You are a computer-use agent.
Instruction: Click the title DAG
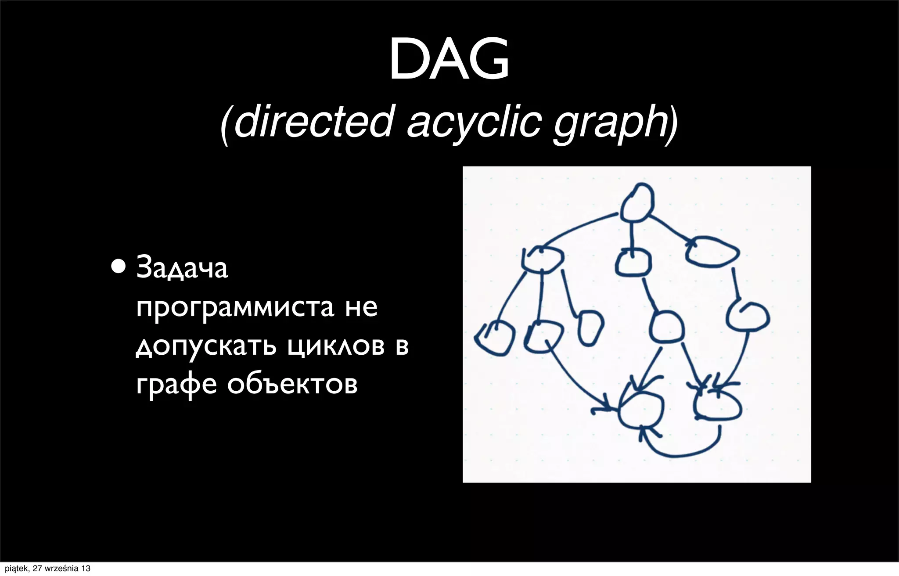pos(449,59)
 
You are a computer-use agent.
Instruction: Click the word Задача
pos(182,268)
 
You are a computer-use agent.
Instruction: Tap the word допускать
pos(206,347)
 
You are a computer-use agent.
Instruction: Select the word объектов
pos(292,385)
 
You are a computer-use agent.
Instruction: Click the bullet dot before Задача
pos(118,266)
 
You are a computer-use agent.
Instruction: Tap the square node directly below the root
pos(633,263)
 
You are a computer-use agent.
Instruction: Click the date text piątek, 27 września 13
pos(47,569)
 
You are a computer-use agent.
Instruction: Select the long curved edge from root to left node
pos(575,228)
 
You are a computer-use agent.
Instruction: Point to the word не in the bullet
pos(361,307)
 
